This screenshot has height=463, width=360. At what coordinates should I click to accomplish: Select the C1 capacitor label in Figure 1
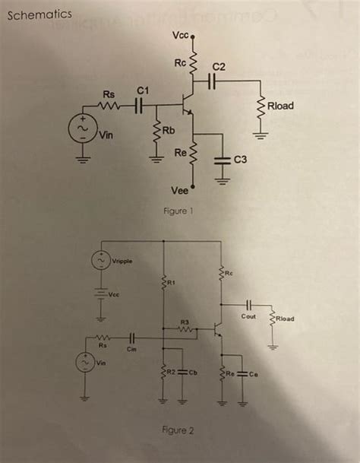(x=141, y=90)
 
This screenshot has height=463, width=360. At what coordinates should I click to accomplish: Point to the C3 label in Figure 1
(x=241, y=159)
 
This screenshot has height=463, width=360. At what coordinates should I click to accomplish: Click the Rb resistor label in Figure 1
(x=168, y=130)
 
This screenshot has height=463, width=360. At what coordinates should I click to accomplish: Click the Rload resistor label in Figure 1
(x=280, y=106)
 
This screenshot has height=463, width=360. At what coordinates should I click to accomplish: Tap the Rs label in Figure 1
(x=109, y=94)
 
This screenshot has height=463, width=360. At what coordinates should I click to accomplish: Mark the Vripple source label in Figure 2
(x=122, y=262)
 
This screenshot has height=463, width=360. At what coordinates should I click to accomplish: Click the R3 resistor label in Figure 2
(x=184, y=322)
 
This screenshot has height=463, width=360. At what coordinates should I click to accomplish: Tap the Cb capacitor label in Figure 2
(x=194, y=373)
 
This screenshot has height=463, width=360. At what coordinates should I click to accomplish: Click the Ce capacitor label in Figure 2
(x=254, y=373)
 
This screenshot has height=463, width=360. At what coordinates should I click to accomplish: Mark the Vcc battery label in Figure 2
(x=114, y=295)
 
